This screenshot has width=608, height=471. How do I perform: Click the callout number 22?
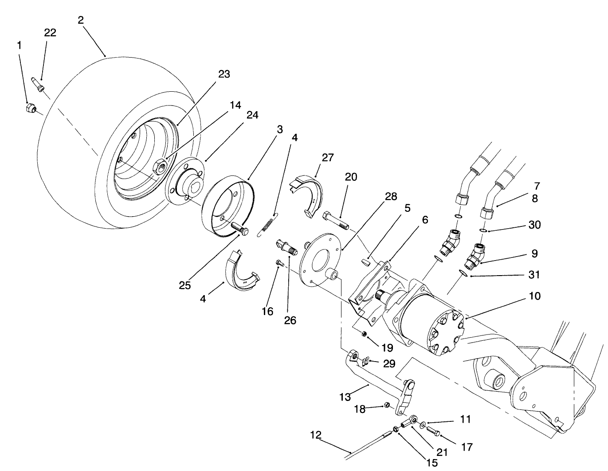coord(50,33)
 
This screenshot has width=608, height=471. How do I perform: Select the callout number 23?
coord(224,74)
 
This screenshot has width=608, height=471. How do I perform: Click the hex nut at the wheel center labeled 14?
coord(158,167)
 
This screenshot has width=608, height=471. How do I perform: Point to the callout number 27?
coord(328,158)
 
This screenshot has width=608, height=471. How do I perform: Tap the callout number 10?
coord(535,296)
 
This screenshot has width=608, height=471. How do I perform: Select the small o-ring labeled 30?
coord(483,231)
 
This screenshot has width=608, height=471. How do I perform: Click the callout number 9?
coord(534,253)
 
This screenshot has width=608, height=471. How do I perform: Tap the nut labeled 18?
coord(386,405)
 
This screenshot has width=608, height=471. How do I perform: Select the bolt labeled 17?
coord(433,429)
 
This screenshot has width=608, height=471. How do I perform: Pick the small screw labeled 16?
coord(279,263)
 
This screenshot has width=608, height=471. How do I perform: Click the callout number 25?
coord(185,285)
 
